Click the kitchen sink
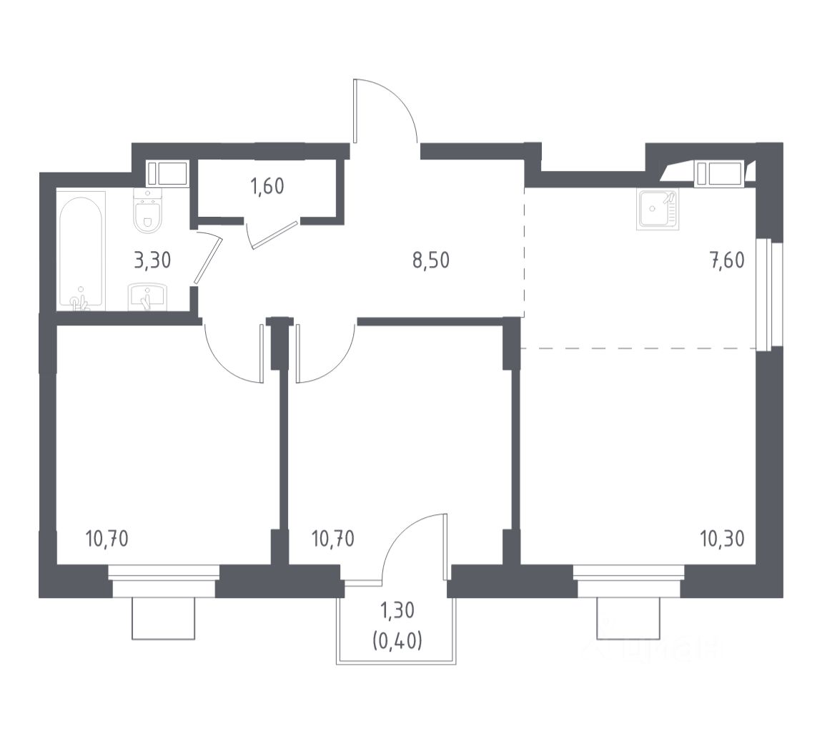656,209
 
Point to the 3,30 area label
152,260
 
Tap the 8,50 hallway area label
430,260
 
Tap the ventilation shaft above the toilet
167,173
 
